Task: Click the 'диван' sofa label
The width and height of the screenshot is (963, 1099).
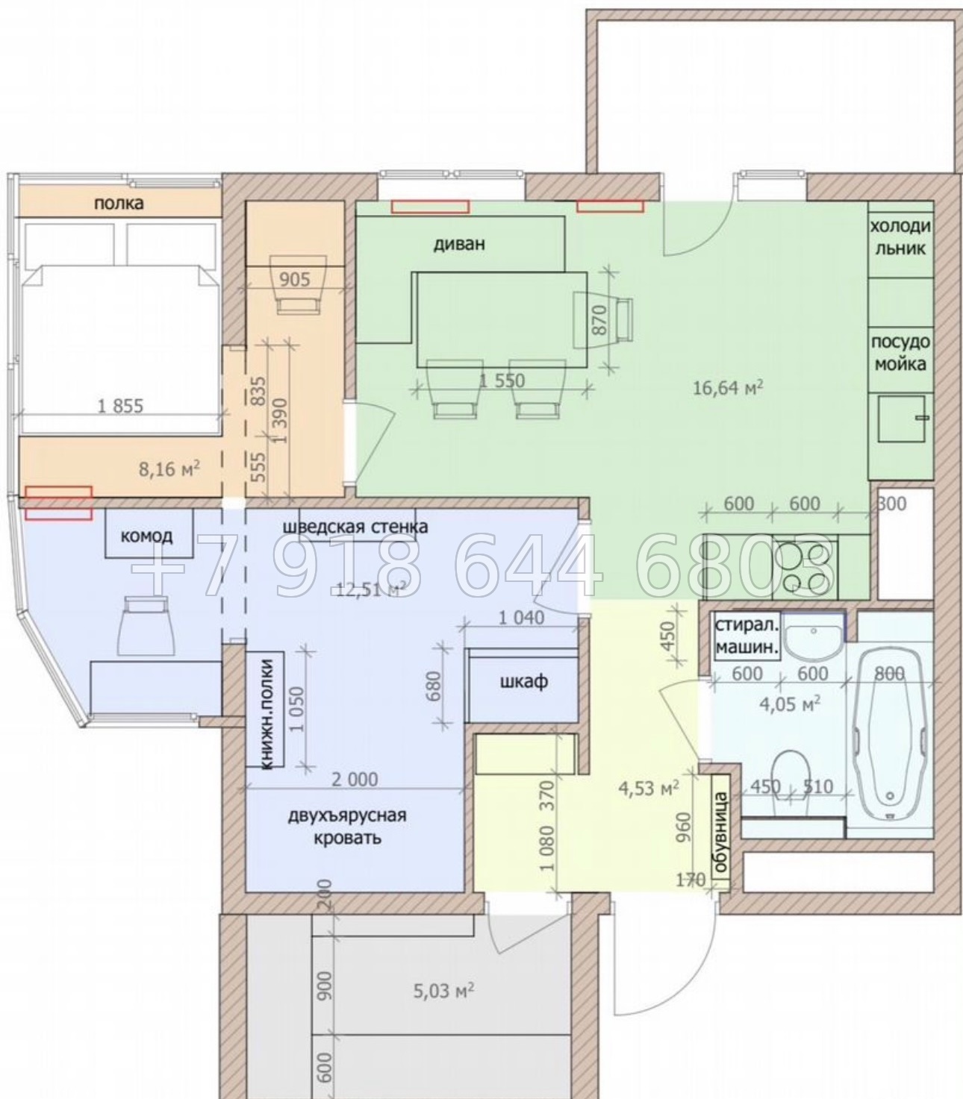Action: [459, 245]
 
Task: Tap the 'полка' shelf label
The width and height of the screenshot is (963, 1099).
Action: [119, 204]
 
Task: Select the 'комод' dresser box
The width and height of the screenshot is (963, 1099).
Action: [149, 533]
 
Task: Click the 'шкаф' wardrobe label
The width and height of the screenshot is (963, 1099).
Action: [524, 682]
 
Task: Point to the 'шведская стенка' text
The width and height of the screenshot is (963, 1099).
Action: [355, 527]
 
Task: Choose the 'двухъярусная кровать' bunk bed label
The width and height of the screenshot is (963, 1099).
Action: [347, 827]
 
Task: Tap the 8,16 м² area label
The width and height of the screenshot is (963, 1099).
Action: [169, 469]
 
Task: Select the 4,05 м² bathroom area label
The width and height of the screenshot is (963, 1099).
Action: [789, 703]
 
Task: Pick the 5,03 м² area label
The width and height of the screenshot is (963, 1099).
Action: [443, 991]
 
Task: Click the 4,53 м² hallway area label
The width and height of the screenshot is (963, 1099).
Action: [649, 788]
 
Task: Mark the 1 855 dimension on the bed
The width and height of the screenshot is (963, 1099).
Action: [120, 406]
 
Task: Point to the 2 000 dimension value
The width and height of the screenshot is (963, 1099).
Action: [355, 780]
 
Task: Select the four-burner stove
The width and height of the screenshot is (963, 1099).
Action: [804, 566]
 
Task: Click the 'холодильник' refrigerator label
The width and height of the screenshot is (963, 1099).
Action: [900, 237]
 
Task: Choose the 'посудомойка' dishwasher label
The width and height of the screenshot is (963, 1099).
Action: [900, 353]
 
